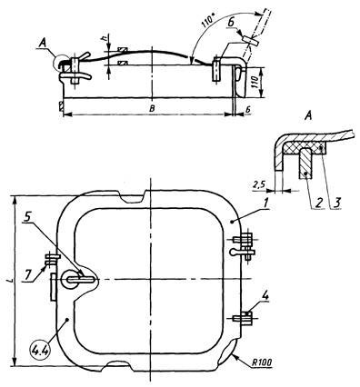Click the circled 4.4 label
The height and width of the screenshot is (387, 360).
coord(40,351)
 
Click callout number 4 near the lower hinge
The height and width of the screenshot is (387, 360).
coord(265,296)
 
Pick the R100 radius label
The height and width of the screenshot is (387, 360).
coord(261,362)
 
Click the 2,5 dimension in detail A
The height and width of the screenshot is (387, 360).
coord(257,184)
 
